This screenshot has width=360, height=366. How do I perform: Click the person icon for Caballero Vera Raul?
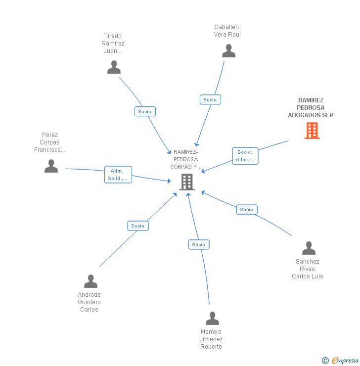click(x=228, y=51)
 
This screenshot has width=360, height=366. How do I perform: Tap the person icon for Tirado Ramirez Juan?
click(x=114, y=67)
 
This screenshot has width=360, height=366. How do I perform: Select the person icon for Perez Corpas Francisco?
click(x=51, y=166)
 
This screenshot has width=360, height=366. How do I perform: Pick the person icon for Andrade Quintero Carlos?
click(x=90, y=281)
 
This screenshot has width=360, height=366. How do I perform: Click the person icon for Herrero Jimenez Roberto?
click(x=212, y=319)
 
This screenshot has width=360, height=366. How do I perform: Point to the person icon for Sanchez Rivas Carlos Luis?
click(x=309, y=248)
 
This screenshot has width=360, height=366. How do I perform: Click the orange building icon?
click(x=312, y=131)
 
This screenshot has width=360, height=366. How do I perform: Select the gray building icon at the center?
click(x=186, y=182)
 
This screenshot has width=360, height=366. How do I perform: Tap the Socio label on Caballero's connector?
click(x=210, y=99)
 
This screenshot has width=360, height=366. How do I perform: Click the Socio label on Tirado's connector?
click(x=145, y=111)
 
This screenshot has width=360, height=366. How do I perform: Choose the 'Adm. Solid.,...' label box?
click(x=118, y=175)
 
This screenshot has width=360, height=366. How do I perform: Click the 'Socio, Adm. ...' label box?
click(x=245, y=156)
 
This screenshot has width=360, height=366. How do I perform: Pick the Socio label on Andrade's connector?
click(x=138, y=226)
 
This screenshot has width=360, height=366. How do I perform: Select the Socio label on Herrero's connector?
click(x=199, y=244)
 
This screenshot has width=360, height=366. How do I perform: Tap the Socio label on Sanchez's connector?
click(x=246, y=210)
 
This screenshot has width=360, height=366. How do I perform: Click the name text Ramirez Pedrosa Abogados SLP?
click(x=311, y=108)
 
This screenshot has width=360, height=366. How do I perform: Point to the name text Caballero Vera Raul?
click(x=227, y=31)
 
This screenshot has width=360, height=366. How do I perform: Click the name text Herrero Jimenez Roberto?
click(x=211, y=339)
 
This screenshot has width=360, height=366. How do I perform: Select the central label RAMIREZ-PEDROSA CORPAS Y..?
click(x=185, y=159)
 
